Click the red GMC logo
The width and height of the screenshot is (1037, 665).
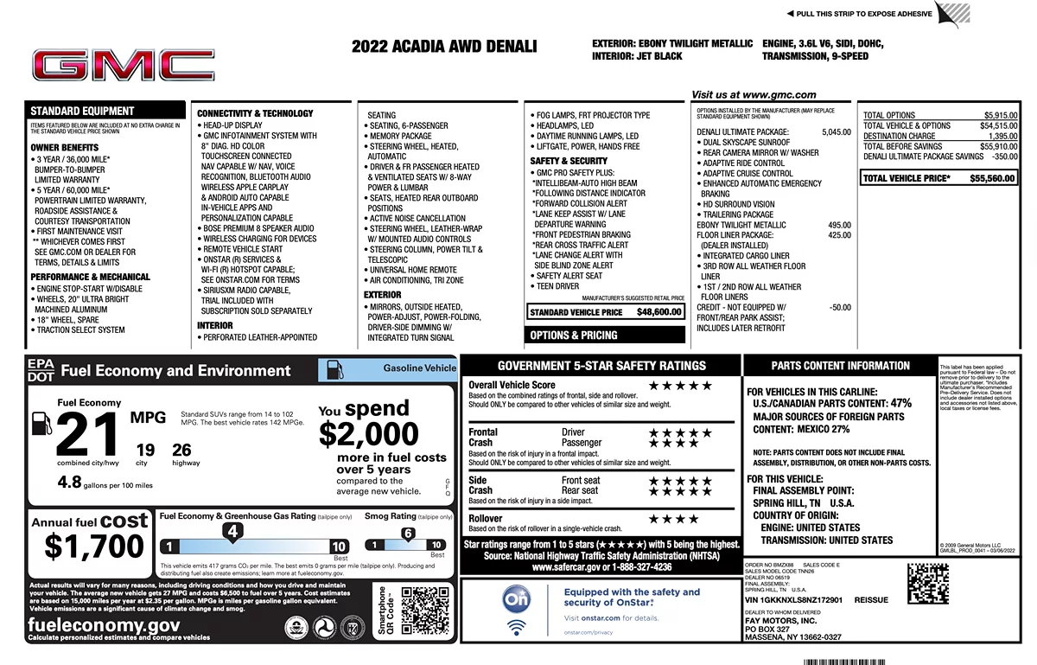pyautogui.click(x=123, y=66)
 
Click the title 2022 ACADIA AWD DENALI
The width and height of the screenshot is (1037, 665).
pyautogui.click(x=444, y=47)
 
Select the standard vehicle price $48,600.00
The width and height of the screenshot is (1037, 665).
pyautogui.click(x=658, y=311)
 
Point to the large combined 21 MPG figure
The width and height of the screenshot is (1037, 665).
pyautogui.click(x=86, y=435)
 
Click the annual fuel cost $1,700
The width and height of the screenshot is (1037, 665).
pyautogui.click(x=95, y=547)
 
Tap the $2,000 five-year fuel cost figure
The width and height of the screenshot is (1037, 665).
pyautogui.click(x=369, y=433)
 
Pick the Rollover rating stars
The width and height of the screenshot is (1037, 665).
pyautogui.click(x=673, y=519)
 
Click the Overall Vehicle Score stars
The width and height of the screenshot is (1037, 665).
pyautogui.click(x=680, y=386)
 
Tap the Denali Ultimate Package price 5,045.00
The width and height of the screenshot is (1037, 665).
pyautogui.click(x=836, y=132)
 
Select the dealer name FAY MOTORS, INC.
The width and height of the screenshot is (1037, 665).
pyautogui.click(x=780, y=620)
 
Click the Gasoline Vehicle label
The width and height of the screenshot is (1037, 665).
pyautogui.click(x=419, y=368)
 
